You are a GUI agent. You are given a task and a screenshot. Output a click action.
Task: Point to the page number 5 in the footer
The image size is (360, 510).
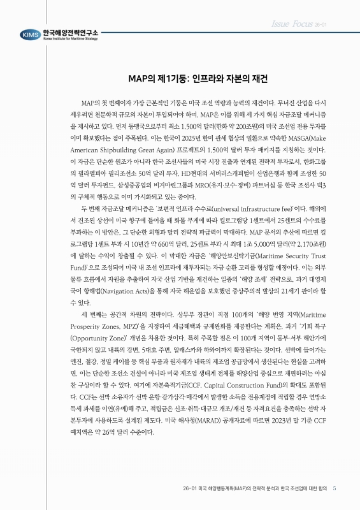point(335,488)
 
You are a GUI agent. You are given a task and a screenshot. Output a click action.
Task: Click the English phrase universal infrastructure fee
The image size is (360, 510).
point(238,207)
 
